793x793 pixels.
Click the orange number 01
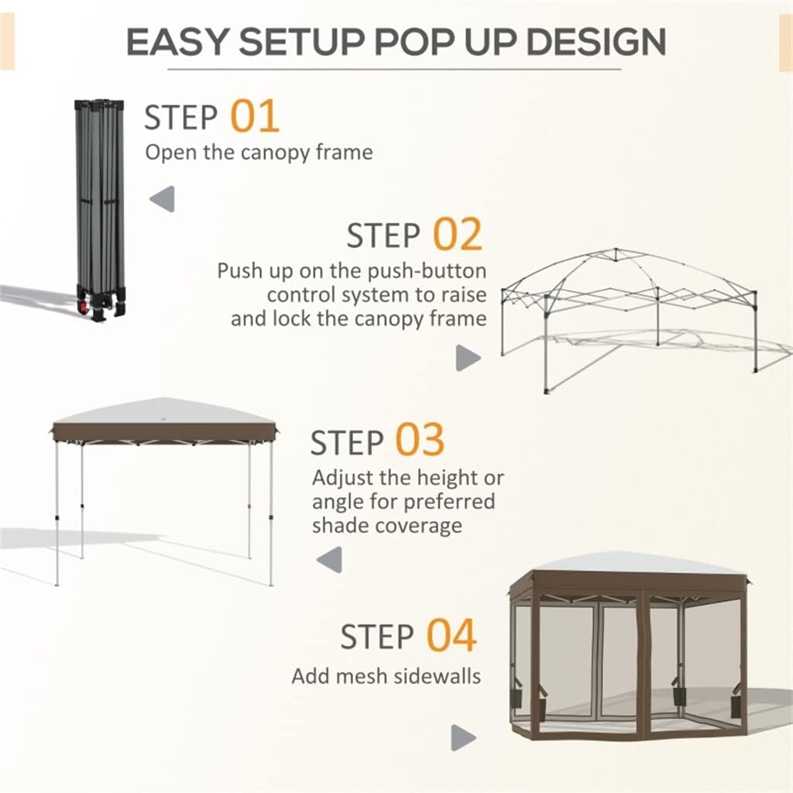[255, 117]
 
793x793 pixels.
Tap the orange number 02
[457, 235]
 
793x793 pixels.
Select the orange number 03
[420, 440]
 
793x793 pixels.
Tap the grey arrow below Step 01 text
[162, 199]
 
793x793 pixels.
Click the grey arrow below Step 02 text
[468, 357]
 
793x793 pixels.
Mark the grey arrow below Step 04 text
[463, 736]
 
